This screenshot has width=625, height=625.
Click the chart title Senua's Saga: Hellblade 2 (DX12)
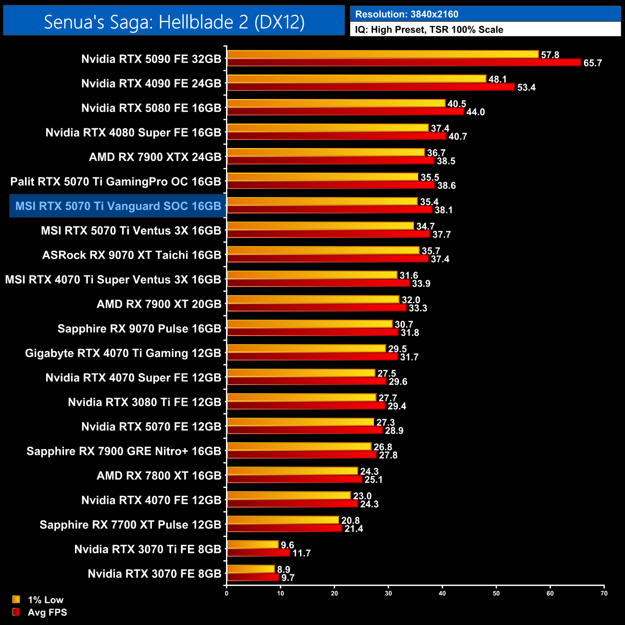click(x=174, y=22)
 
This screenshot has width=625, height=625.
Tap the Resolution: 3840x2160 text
click(x=406, y=14)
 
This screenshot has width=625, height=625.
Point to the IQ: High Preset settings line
click(x=429, y=30)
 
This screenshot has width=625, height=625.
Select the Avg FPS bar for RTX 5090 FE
click(x=404, y=62)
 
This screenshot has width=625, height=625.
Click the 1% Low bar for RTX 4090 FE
click(x=356, y=79)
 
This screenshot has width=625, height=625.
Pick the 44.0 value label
click(x=475, y=112)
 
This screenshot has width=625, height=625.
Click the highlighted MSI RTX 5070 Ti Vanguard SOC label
click(x=118, y=206)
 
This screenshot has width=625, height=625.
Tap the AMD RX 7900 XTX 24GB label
click(x=155, y=157)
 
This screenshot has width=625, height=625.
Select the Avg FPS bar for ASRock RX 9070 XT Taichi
click(x=327, y=259)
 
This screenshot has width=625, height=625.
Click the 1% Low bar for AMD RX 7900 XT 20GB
click(x=313, y=300)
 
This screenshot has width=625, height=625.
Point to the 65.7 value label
click(x=592, y=63)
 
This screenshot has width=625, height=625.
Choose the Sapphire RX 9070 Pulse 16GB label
click(x=139, y=329)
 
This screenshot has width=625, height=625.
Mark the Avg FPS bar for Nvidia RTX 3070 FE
click(x=253, y=577)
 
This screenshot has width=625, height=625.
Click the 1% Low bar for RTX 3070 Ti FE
click(x=252, y=545)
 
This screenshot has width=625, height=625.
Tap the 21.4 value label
click(x=353, y=529)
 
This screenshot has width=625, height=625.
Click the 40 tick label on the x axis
click(x=442, y=593)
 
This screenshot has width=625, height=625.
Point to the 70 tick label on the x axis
click(x=604, y=593)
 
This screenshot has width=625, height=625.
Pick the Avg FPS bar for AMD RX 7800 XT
click(x=294, y=479)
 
